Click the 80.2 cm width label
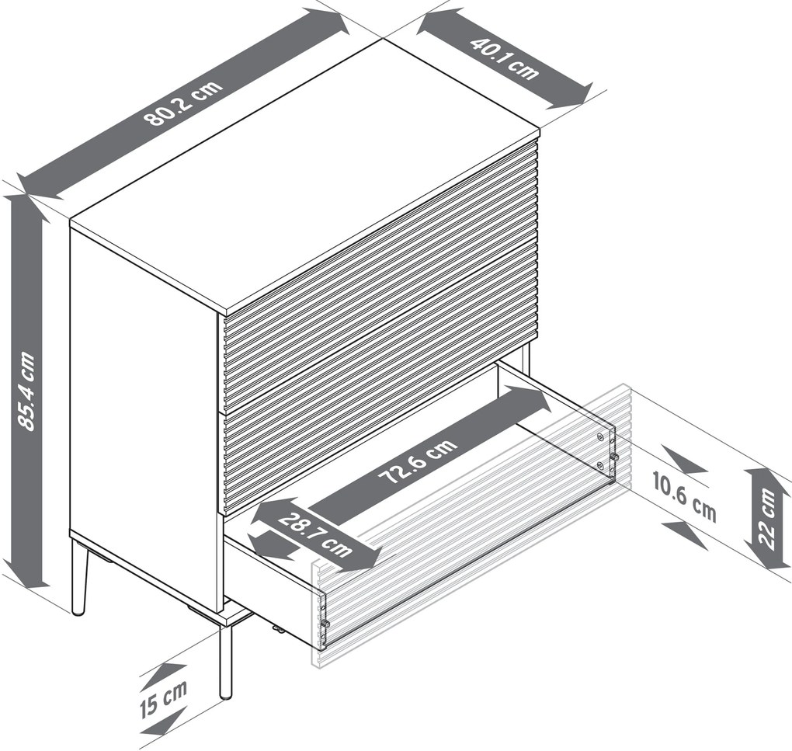[x=182, y=103]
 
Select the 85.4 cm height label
[x=26, y=391]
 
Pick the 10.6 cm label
[x=684, y=496]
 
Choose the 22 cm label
[x=767, y=519]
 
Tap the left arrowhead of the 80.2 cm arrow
[x=40, y=183]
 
